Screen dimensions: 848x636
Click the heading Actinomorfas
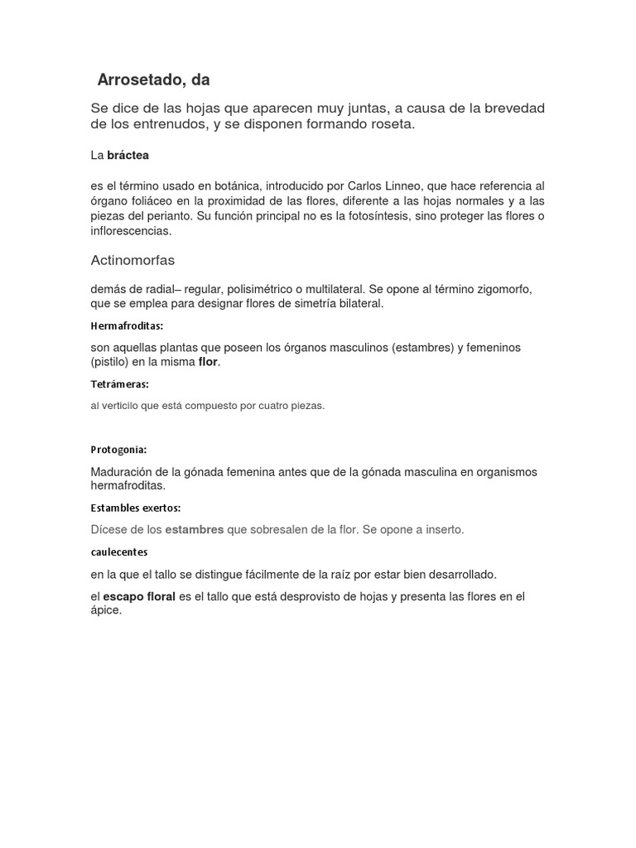pos(132,260)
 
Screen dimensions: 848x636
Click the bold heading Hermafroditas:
pos(127,325)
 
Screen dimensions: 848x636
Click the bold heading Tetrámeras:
pos(119,384)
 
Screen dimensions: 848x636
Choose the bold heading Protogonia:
pos(118,450)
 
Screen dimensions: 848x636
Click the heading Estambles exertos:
pos(136,508)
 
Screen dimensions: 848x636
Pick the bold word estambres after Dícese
pos(195,529)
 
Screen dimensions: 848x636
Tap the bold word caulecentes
pos(119,551)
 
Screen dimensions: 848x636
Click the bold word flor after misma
pos(207,362)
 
